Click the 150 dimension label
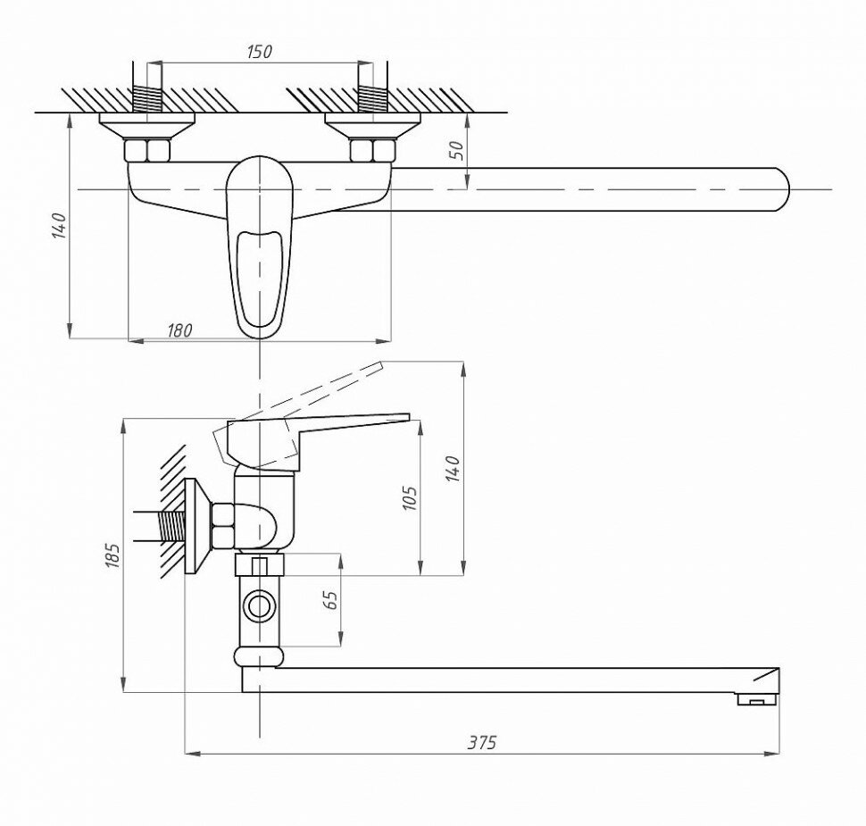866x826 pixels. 258,52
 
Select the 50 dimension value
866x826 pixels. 456,150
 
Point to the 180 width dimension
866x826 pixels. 179,330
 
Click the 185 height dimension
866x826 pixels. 112,555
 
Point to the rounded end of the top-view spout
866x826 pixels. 779,189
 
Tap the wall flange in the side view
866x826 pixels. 193,526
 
